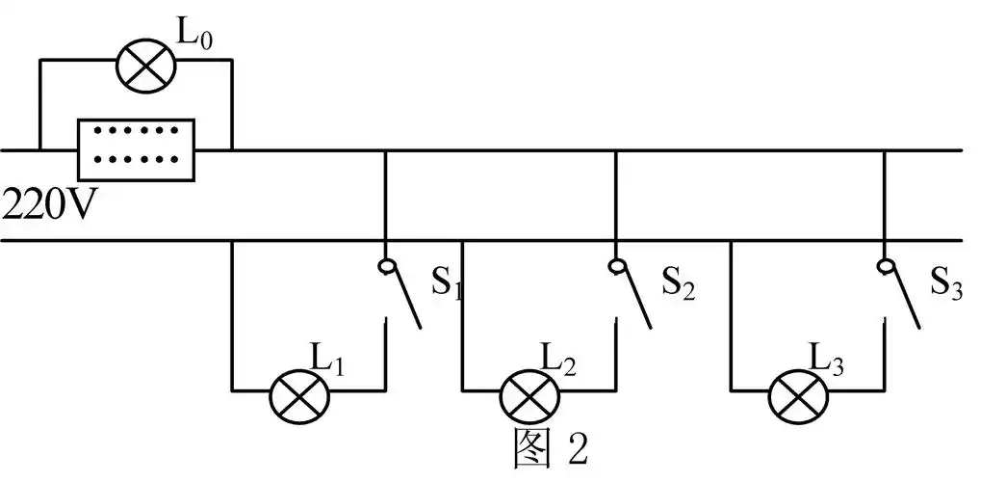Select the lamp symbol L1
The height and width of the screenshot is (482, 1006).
(x=299, y=393)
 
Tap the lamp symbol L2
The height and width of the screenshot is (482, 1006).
(x=529, y=393)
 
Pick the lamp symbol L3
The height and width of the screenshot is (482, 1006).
(x=798, y=393)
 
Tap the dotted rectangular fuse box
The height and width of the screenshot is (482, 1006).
(x=136, y=148)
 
